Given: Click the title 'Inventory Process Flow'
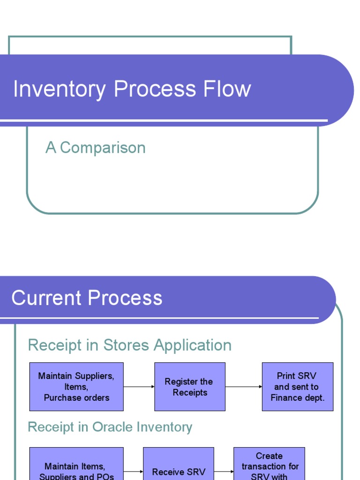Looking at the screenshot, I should [132, 89].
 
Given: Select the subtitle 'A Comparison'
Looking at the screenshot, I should [96, 148].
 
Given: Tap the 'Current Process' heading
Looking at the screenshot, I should [87, 298].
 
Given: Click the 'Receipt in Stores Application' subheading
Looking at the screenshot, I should [129, 345].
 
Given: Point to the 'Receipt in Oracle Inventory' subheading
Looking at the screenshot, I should [110, 427].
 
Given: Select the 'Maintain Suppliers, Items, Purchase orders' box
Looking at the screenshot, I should [76, 387].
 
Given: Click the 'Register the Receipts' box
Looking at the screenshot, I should [189, 387].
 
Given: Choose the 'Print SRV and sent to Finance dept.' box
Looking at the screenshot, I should [297, 387].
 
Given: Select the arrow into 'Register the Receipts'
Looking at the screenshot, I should [139, 387].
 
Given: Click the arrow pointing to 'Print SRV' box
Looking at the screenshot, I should [244, 387].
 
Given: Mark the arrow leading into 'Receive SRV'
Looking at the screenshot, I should [134, 472].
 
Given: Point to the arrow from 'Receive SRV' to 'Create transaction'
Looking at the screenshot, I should [224, 472].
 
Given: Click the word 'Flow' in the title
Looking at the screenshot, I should [230, 89].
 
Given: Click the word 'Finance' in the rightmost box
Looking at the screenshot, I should [286, 397].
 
